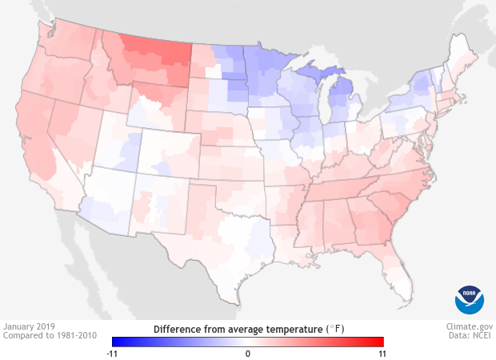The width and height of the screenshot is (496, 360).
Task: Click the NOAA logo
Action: [x=470, y=299]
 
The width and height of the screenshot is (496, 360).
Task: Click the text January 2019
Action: [x=29, y=327]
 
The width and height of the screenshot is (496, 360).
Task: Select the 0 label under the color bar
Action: [x=248, y=353]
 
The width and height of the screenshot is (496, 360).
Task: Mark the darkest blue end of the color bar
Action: [x=115, y=342]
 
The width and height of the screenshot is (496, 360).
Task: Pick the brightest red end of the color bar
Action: [x=381, y=342]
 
